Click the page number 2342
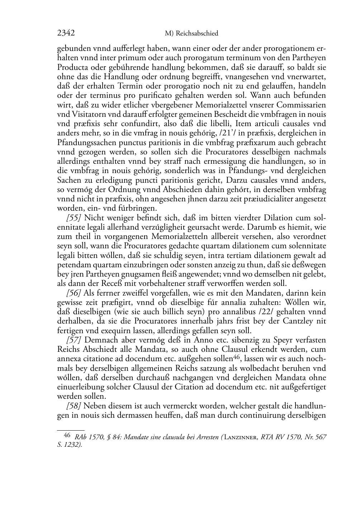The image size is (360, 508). (x=66, y=33)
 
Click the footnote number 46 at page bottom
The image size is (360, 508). (x=67, y=436)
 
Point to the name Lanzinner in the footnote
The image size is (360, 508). (x=241, y=437)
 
